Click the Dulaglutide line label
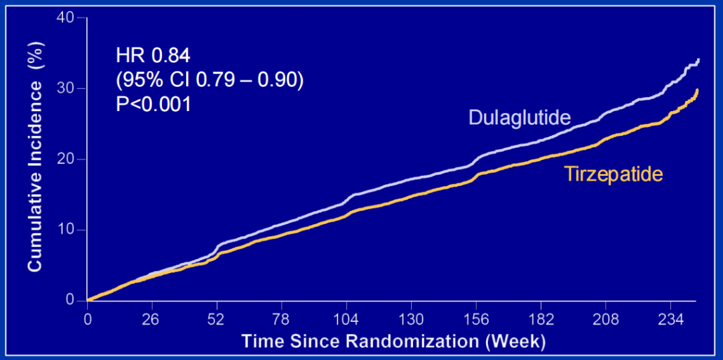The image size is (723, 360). coord(519,118)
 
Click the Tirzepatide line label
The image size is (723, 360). coord(613,175)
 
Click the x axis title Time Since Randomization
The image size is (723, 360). coord(394,341)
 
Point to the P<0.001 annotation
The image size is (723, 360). coord(153,104)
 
